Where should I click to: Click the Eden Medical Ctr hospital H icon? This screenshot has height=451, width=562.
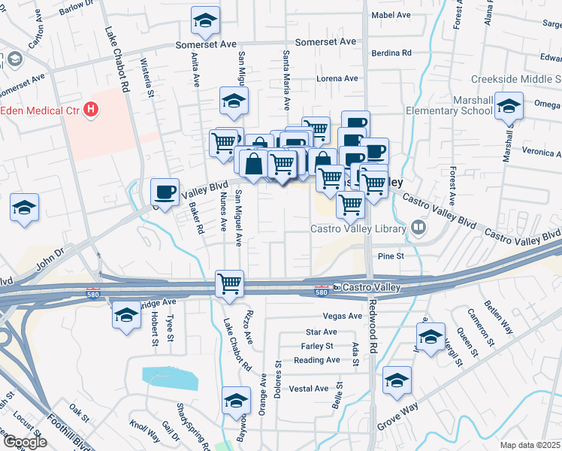(x=91, y=110)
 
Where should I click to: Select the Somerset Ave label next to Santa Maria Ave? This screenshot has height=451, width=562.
(x=325, y=42)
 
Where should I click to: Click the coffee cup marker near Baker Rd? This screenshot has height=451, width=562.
(x=165, y=191)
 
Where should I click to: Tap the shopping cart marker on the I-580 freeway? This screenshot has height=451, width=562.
(x=229, y=284)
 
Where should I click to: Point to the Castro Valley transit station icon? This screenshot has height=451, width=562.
(x=338, y=287)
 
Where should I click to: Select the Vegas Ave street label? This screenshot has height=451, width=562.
(x=342, y=316)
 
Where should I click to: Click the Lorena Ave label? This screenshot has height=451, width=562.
(x=337, y=78)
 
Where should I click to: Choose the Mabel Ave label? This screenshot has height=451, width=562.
(x=391, y=15)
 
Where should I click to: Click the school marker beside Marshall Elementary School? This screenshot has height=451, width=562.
(x=509, y=107)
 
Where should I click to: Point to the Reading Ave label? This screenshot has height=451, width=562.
(x=318, y=360)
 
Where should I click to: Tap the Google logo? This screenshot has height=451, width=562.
(x=25, y=442)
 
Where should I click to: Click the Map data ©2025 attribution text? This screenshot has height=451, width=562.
(x=529, y=445)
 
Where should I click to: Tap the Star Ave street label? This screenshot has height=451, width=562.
(x=322, y=331)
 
